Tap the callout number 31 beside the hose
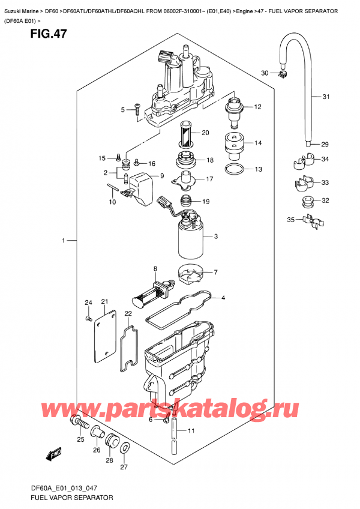(x=326, y=97)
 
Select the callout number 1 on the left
(x=62, y=241)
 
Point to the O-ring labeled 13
(x=235, y=169)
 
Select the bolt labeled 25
(x=77, y=423)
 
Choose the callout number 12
(x=257, y=107)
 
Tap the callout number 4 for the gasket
(x=223, y=298)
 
